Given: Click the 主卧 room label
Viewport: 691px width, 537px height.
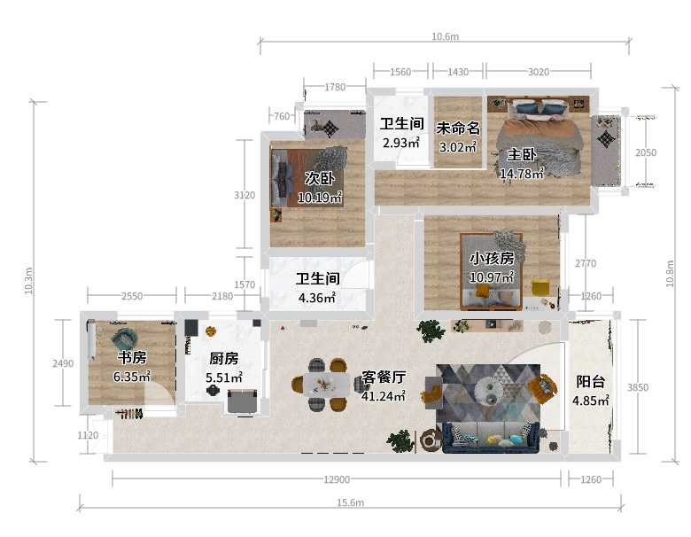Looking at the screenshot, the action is tap(522, 155).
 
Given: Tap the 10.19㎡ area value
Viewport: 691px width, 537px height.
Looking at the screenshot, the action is tap(320, 198).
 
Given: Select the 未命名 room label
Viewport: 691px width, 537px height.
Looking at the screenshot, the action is tap(458, 128).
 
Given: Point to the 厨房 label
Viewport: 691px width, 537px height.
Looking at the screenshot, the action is tap(224, 358).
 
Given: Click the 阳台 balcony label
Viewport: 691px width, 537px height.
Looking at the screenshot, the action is tap(591, 382).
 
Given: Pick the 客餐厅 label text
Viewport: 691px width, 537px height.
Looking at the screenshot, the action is tap(384, 377).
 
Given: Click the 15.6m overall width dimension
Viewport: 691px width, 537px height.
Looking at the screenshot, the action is tap(350, 502).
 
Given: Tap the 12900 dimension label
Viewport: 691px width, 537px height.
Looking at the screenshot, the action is tap(337, 479).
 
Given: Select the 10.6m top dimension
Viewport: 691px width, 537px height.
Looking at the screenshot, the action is tap(445, 36).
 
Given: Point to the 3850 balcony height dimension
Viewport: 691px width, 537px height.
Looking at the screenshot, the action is tap(638, 387).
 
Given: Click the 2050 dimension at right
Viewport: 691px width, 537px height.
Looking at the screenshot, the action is tap(646, 152).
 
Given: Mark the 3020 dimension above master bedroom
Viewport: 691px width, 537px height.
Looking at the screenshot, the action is tap(539, 72).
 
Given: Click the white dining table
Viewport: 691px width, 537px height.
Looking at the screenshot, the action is tap(327, 385).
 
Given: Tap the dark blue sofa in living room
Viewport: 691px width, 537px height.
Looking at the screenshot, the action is tap(491, 438).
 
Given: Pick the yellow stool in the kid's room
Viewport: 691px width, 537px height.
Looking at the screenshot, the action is tap(540, 288).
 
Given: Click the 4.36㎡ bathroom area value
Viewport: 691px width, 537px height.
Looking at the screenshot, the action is tap(317, 298).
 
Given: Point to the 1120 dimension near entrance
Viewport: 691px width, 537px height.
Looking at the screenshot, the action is tap(88, 436).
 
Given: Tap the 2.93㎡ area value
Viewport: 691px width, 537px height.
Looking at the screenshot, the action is tap(401, 143).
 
